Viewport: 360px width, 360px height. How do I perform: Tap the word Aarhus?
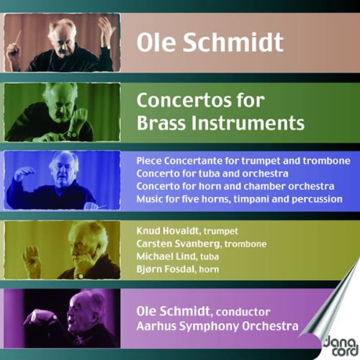click(156, 326)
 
